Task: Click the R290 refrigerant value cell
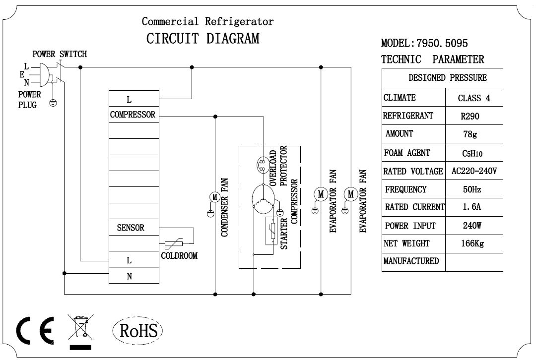coord(470,117)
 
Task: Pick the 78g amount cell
coord(470,134)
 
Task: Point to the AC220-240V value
coord(474,172)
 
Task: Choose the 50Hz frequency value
coord(470,189)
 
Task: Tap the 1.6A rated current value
coord(470,208)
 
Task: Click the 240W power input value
coord(470,226)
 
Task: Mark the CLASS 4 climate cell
coord(474,98)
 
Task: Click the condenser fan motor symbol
coord(215,197)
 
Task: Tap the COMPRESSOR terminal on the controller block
coord(133,115)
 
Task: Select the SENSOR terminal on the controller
coord(131,228)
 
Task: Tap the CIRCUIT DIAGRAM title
coord(202,39)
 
